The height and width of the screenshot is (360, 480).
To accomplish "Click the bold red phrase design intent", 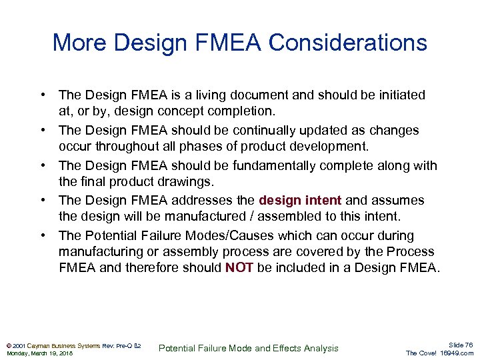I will coord(300,200).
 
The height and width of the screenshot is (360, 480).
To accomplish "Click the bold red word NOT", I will coord(239,267).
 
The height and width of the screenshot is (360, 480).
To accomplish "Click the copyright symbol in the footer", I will coord(9,345).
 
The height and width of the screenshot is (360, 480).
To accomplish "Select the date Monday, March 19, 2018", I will coord(39,353).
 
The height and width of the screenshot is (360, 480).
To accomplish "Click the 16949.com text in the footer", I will coord(457,353).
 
